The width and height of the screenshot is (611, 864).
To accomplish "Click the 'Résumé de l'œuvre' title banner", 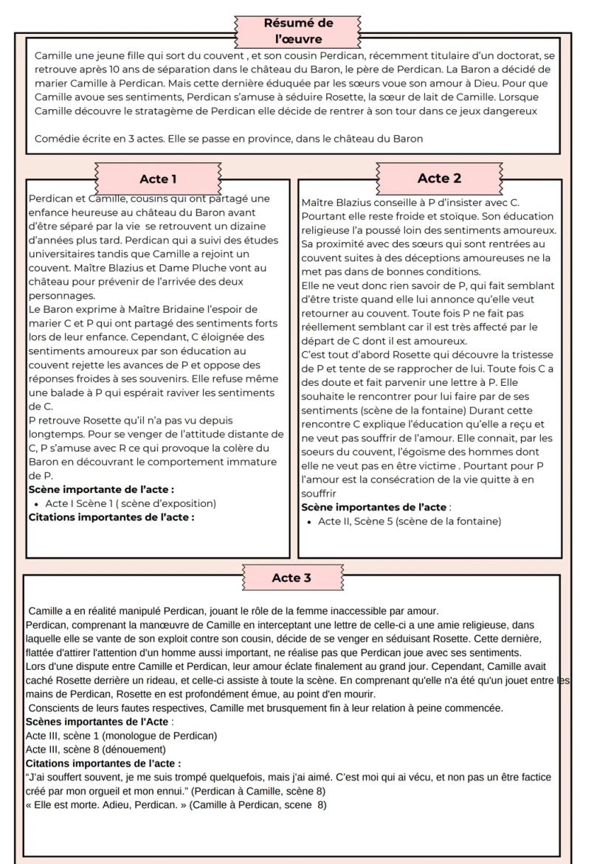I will pos(298,30).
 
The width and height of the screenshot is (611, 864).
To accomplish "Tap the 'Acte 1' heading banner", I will pos(158,179).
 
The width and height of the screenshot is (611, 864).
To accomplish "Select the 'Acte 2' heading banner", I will pos(439,178).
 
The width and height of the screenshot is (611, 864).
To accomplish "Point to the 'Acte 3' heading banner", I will pos(291,578).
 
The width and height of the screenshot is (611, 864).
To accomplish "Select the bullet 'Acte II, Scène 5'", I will pos(409,521).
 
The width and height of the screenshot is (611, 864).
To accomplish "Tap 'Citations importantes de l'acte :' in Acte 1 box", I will pos(111,516).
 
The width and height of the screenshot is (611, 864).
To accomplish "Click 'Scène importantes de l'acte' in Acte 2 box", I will pos(374,507).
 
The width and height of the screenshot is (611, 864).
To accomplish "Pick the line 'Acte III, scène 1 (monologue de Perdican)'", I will pos(121,736).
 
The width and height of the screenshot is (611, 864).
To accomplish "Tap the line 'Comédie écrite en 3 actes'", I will pos(229,138).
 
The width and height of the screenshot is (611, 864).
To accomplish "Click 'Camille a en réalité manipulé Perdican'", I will pos(118,611).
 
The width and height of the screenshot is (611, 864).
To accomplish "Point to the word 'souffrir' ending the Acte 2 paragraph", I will pos(319,493).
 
